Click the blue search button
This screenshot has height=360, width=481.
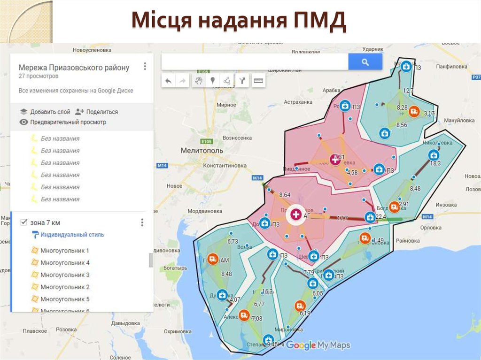(365, 61)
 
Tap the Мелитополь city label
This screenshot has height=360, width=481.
(202, 151)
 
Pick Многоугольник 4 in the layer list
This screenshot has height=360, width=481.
(65, 263)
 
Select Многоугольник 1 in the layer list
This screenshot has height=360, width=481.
(65, 251)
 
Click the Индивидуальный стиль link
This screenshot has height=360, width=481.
(72, 235)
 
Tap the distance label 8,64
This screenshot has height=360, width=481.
(285, 194)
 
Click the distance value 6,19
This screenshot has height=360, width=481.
(305, 313)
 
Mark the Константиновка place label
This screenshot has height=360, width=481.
(225, 166)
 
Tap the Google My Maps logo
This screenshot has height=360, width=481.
(318, 345)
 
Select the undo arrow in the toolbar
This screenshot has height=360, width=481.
(168, 81)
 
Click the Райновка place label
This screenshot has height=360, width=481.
(407, 240)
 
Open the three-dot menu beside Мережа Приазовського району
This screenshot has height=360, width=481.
(145, 66)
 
